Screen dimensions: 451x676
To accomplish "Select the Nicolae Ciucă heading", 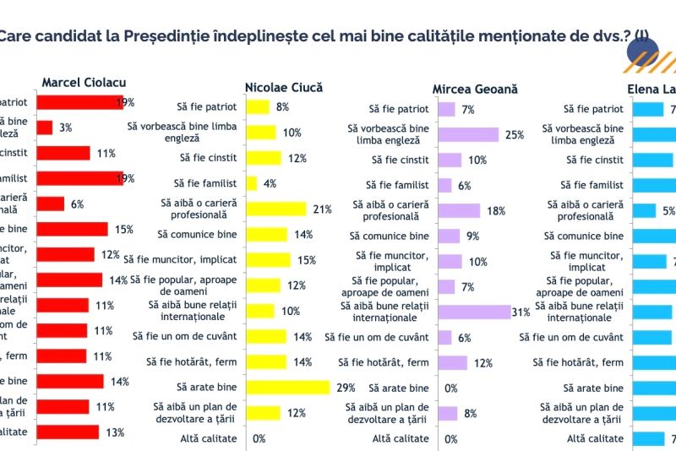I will (283, 87).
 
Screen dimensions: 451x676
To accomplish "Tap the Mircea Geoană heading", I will (475, 89).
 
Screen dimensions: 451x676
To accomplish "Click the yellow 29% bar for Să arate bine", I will (288, 388).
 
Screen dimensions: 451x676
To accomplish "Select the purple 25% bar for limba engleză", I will (468, 133).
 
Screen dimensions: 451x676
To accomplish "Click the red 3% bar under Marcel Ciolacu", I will (45, 128).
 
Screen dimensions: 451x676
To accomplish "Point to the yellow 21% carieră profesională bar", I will (276, 209).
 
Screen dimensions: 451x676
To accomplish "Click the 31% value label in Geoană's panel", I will (521, 312).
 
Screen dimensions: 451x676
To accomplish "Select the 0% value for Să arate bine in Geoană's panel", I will (451, 389).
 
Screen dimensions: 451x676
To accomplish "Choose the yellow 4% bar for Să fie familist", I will (252, 183).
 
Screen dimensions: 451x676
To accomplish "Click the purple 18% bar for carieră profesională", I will (459, 210).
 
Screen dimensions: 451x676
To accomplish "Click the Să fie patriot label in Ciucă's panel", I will (207, 108).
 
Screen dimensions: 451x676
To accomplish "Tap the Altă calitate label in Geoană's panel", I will (401, 438).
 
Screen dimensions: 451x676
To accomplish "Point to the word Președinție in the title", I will (164, 36).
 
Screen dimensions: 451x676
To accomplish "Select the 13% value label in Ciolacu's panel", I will (115, 432).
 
